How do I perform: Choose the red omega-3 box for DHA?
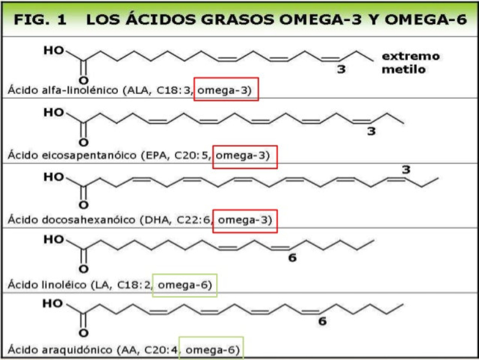coord(245,220)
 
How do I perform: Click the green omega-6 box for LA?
coord(184,285)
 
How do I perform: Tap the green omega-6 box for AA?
coord(211,349)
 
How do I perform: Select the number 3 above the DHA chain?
coord(406,170)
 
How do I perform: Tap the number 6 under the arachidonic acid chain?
coord(322,322)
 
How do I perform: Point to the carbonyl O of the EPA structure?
coord(83,143)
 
